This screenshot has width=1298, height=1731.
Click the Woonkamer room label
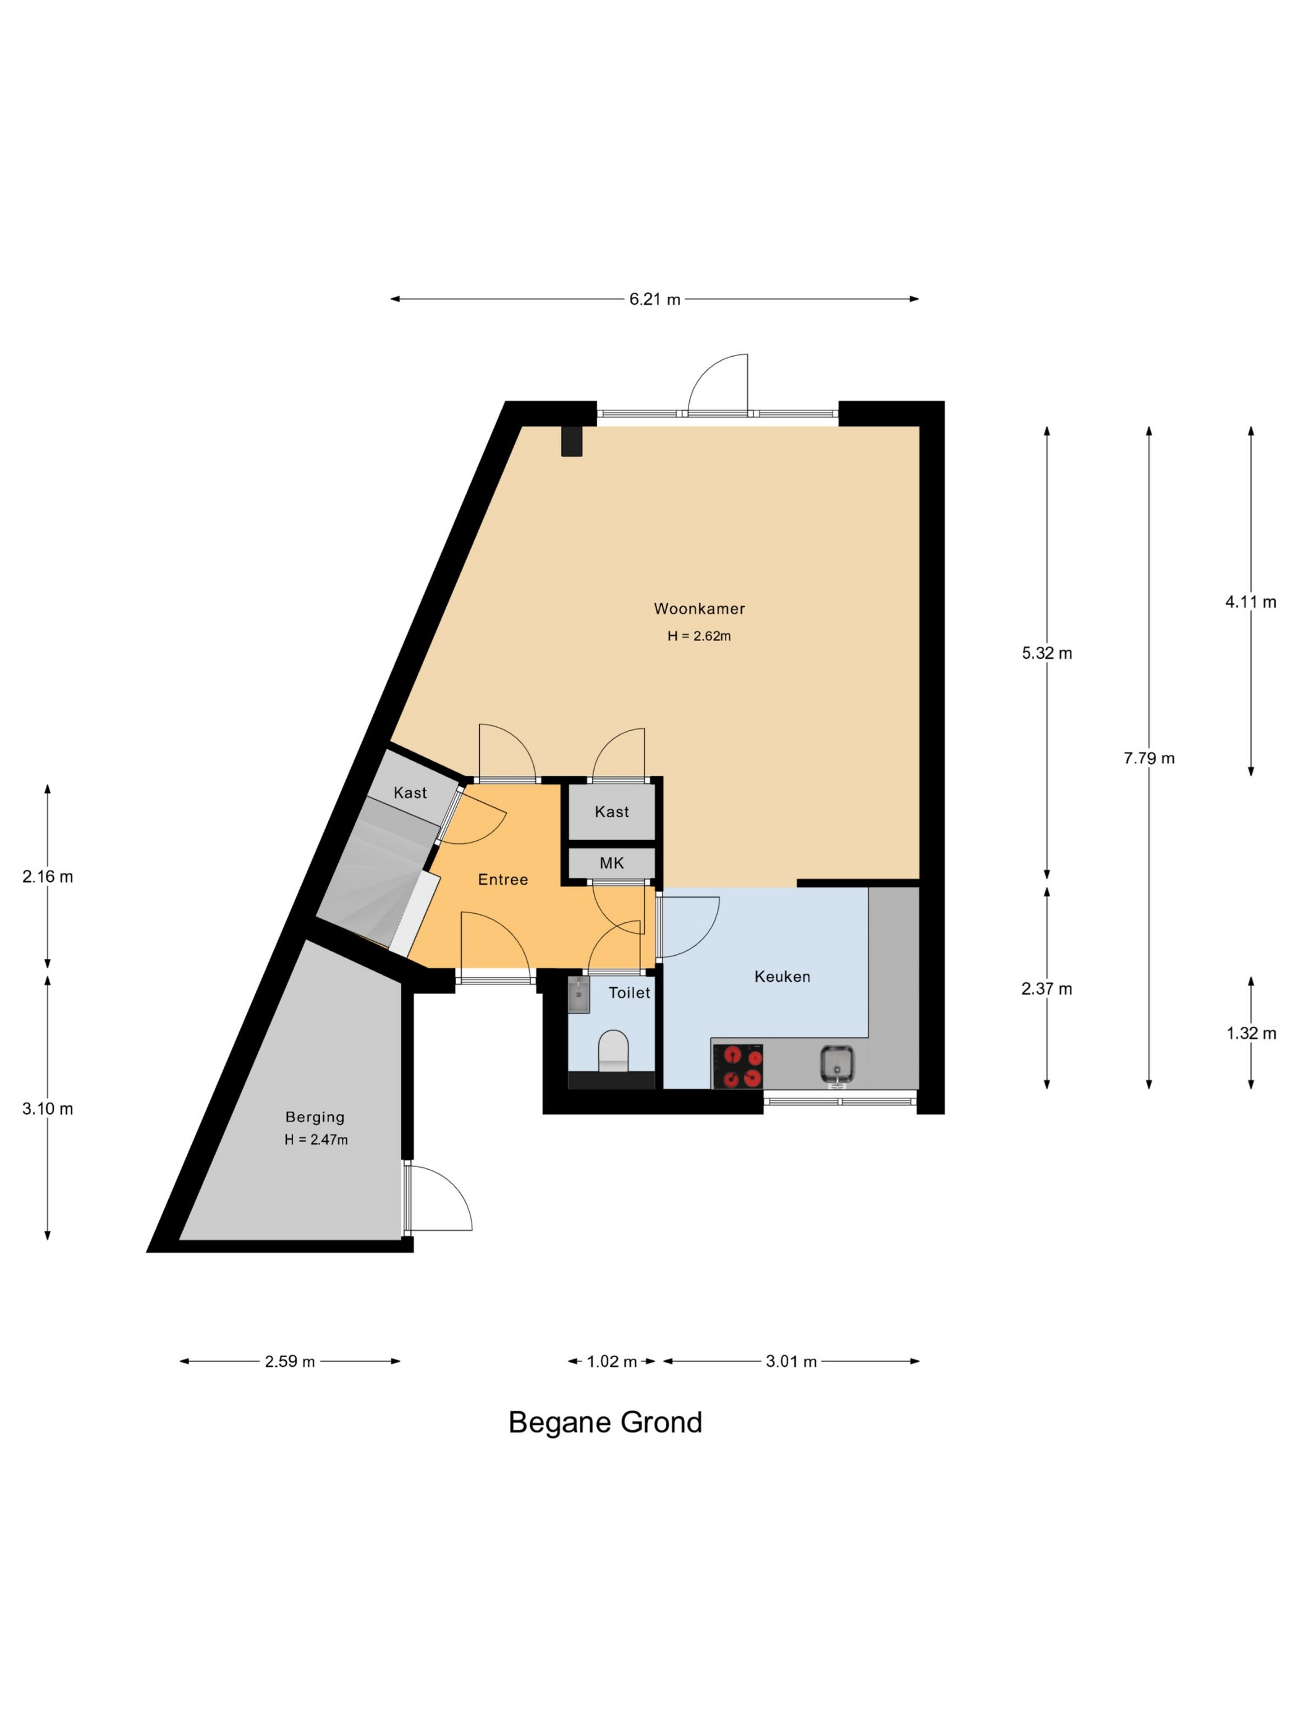(698, 608)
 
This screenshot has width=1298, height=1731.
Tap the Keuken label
(782, 976)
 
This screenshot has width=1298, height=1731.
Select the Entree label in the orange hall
(503, 880)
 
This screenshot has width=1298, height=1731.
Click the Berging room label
(315, 1116)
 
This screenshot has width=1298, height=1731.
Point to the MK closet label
(611, 862)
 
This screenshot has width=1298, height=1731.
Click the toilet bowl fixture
(613, 1050)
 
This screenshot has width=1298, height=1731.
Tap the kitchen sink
(836, 1065)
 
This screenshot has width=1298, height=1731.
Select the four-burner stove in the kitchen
(737, 1066)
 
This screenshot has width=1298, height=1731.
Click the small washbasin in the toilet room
(578, 994)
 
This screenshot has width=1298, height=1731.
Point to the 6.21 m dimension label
(655, 299)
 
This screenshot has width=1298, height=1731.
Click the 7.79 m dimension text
(1148, 757)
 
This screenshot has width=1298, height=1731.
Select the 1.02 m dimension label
(612, 1362)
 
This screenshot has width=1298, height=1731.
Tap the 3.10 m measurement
(48, 1108)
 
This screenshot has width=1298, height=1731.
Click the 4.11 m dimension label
(1250, 602)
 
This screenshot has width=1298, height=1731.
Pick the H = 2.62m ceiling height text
(698, 636)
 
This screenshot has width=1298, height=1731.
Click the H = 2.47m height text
(316, 1140)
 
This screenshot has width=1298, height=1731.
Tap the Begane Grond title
(604, 1422)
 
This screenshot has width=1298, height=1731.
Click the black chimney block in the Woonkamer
(572, 441)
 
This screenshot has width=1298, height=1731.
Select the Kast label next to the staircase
(410, 793)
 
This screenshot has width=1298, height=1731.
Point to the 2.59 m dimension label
(289, 1362)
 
